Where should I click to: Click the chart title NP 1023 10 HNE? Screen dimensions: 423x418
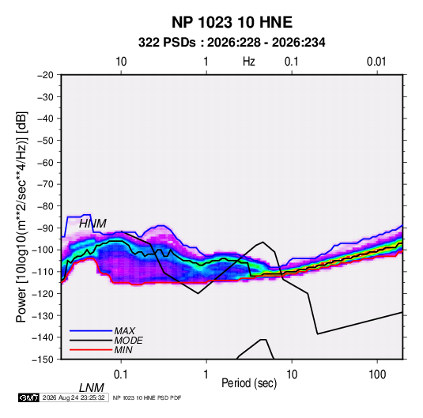232,22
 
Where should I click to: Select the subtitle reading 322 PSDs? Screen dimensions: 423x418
167,43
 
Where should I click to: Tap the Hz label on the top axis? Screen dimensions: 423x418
249,62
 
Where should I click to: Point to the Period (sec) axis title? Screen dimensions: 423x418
249,383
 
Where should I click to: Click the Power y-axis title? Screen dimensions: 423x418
21,217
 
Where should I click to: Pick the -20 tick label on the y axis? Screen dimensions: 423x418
45,75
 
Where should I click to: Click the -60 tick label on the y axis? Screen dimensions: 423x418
45,163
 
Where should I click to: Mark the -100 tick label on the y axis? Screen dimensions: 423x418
43,250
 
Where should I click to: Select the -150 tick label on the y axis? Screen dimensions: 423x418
43,360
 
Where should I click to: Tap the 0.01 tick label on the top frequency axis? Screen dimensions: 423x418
376,62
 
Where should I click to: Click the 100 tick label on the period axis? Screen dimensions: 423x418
377,375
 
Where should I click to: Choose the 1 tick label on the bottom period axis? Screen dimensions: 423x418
206,375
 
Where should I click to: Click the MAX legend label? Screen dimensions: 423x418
125,331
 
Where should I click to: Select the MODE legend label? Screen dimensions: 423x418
128,341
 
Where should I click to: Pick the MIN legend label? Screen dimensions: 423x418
123,350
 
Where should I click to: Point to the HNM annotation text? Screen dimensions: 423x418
93,224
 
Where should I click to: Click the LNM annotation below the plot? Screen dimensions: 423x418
91,388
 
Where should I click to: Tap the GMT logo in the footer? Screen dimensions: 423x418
29,397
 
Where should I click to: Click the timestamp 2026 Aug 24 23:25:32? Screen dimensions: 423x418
74,397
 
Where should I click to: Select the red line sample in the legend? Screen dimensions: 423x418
91,350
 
